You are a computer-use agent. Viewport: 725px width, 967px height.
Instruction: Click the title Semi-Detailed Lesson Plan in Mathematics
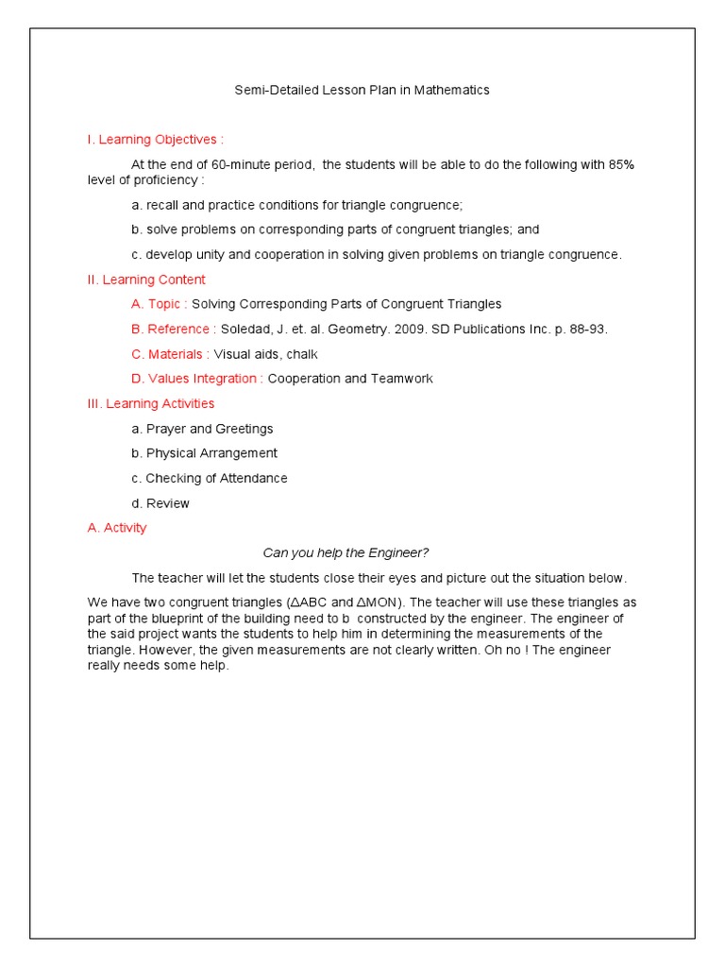point(362,91)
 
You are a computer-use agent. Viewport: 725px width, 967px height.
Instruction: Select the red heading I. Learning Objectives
point(155,140)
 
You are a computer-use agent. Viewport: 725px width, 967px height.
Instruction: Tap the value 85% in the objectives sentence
point(621,164)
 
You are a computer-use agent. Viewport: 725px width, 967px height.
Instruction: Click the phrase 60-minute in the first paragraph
point(245,164)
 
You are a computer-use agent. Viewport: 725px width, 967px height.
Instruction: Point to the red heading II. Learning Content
point(146,280)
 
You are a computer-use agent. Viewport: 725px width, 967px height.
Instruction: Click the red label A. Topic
point(160,304)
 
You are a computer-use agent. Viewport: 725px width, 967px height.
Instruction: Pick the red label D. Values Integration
point(197,379)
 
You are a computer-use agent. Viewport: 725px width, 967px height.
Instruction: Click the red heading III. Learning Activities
point(150,403)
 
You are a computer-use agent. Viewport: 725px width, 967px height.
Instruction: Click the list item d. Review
point(160,503)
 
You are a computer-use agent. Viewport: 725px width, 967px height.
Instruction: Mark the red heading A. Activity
point(117,528)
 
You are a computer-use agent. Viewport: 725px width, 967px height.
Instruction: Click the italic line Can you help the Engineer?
point(346,552)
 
